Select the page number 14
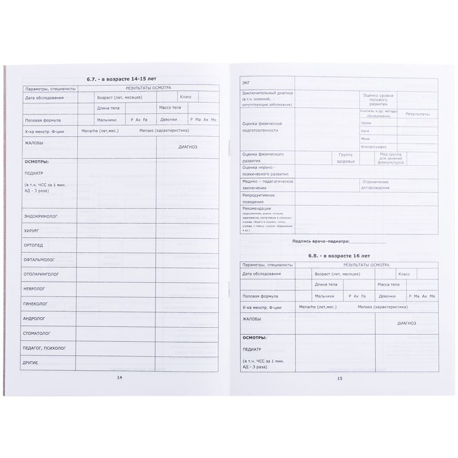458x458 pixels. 119,377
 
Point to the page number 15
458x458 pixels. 339,378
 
